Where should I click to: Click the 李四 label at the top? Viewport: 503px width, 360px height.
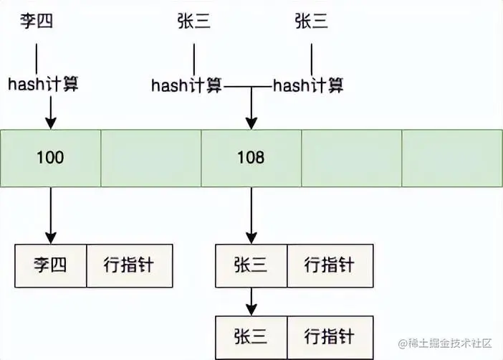(36, 22)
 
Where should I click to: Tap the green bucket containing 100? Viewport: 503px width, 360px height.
(50, 157)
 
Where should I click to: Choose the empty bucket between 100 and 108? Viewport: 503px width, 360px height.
(150, 157)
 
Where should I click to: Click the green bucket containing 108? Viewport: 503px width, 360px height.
(250, 157)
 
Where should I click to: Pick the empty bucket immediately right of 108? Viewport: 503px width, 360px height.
(351, 157)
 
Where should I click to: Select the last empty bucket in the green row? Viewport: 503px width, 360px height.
(451, 157)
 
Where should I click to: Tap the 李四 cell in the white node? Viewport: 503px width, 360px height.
(50, 265)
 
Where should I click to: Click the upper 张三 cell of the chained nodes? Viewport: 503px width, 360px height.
(250, 265)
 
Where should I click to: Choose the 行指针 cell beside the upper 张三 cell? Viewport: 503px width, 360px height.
(330, 265)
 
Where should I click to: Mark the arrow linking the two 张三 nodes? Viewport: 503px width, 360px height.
(250, 301)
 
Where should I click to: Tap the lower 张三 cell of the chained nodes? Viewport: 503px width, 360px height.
(250, 336)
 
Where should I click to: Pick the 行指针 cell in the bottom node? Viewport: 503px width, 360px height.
(330, 336)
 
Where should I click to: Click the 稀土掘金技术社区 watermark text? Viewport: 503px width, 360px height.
(448, 344)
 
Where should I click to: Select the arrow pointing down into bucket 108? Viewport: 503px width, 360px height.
(250, 111)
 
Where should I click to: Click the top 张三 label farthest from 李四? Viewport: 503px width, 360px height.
(311, 22)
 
